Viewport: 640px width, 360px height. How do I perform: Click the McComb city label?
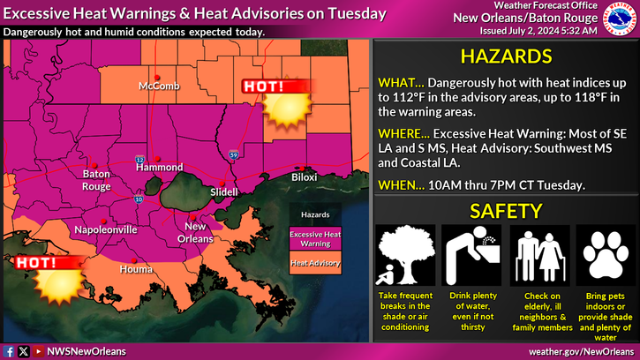tap(158, 86)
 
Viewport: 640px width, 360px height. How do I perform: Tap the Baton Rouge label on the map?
tap(97, 179)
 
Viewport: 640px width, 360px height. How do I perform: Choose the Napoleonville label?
tap(105, 229)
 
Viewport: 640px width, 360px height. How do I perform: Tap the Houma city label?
tap(136, 268)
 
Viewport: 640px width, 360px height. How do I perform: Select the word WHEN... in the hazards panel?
tap(395, 185)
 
